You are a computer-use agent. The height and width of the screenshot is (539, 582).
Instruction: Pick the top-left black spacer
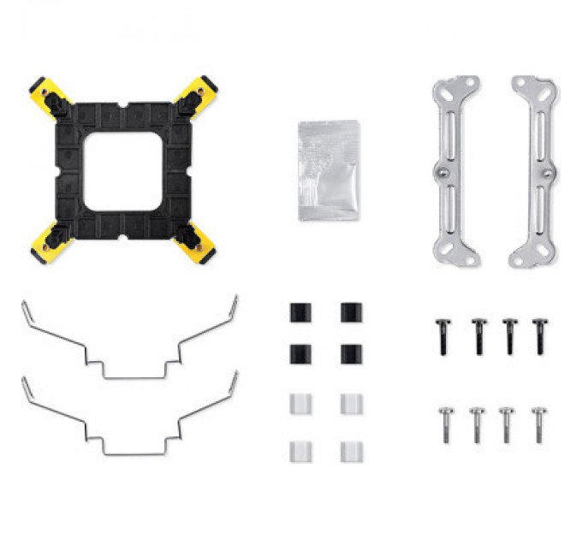coord(299,311)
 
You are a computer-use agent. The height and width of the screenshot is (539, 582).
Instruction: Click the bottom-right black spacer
coord(351,352)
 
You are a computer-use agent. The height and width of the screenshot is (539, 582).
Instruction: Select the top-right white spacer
coord(351,404)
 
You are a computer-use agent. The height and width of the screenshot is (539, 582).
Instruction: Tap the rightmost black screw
coord(539,336)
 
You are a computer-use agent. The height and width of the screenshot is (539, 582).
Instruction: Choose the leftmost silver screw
coord(444,423)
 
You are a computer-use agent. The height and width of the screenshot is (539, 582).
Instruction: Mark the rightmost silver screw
coord(538,423)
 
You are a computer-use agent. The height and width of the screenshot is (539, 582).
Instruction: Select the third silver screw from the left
coord(507,423)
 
